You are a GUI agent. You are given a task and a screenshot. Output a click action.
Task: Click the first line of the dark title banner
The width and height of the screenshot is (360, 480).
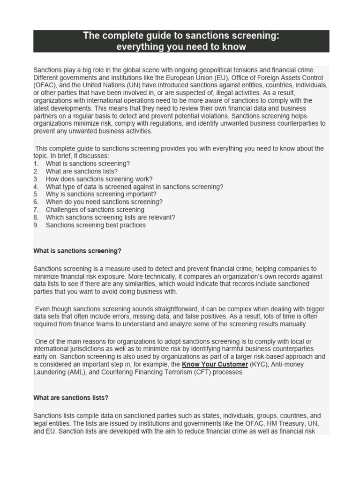click(181, 36)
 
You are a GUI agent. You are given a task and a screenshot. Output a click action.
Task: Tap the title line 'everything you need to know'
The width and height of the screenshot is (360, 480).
click(181, 47)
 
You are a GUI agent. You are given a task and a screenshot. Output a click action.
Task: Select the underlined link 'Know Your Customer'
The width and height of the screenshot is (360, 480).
click(215, 364)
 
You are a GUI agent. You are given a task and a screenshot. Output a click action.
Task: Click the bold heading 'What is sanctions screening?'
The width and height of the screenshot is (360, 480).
click(77, 251)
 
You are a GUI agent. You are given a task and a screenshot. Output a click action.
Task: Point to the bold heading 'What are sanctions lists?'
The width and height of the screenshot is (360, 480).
click(71, 397)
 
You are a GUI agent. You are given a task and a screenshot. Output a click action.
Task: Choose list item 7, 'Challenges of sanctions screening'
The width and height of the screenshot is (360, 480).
click(95, 210)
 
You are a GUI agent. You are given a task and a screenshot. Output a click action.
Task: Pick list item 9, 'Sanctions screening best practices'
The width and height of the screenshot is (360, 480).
click(96, 225)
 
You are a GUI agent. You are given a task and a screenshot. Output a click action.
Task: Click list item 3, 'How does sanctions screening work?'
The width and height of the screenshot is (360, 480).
click(99, 179)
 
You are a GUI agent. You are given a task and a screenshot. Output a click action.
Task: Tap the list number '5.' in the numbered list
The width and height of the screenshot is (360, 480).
click(36, 194)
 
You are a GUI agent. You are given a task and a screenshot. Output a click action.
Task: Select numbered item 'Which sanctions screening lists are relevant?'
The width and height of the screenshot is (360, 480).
click(111, 217)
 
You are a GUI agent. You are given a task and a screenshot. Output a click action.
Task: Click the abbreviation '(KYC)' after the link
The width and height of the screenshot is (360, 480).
click(259, 364)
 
